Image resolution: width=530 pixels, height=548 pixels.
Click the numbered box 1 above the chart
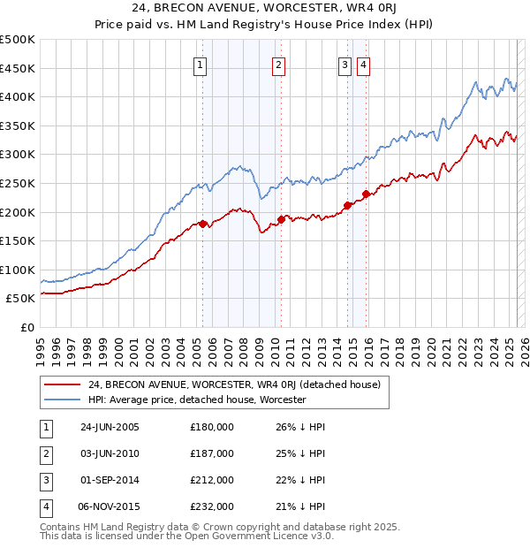(x=200, y=64)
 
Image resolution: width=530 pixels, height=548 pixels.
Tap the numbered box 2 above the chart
(x=278, y=64)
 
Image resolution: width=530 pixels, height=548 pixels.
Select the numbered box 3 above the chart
(x=344, y=64)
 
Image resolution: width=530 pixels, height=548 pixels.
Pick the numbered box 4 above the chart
(x=363, y=64)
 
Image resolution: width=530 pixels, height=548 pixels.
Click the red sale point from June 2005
(x=203, y=224)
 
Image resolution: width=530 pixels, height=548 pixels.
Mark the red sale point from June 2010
(x=281, y=219)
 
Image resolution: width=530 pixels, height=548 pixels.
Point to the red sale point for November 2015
(x=366, y=194)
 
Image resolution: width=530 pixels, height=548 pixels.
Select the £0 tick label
(x=27, y=327)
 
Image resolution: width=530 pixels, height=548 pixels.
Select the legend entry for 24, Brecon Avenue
(x=234, y=384)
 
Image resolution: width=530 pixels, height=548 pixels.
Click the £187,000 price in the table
(x=212, y=453)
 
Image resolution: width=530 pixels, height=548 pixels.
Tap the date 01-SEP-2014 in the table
(x=110, y=480)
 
